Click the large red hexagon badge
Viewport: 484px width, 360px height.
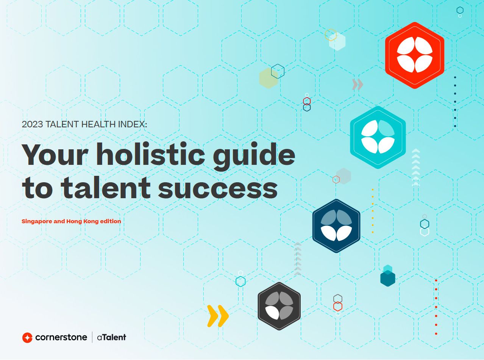pos(415,55)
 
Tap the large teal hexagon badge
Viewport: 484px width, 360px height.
pos(378,137)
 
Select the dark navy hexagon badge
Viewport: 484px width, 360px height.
pos(336,226)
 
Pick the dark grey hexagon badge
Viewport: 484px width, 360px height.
pos(279,306)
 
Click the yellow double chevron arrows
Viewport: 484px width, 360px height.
pos(218,316)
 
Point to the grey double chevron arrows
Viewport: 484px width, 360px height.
pos(358,85)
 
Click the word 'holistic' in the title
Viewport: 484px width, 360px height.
pos(150,154)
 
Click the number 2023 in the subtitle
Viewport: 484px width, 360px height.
pos(32,124)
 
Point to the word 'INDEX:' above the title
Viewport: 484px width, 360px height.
pos(133,124)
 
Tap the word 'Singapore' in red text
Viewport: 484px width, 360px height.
pos(37,222)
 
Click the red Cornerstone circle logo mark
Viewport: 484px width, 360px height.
pos(27,338)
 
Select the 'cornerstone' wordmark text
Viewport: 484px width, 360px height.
pos(61,338)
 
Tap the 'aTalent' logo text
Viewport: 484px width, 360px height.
pos(111,338)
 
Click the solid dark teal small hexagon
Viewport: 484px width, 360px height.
pos(388,278)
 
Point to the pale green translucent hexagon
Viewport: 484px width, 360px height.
pos(268,78)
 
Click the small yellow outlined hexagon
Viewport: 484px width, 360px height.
pos(331,35)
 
